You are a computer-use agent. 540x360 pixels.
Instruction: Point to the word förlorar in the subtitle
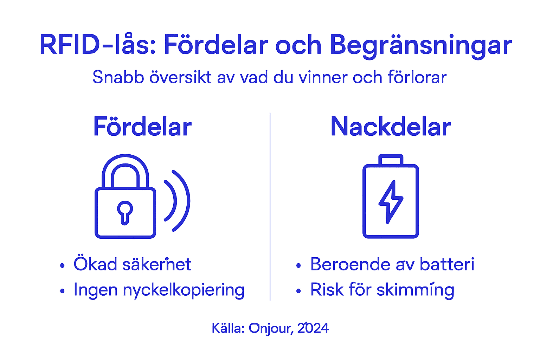(x=417, y=77)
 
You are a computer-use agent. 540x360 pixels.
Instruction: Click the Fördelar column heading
(x=142, y=127)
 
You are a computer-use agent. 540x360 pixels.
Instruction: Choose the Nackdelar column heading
(x=391, y=127)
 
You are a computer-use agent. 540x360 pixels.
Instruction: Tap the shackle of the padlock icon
(x=125, y=169)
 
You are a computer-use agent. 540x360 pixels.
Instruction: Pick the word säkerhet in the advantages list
(x=157, y=264)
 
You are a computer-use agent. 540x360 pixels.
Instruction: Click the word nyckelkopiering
(x=184, y=290)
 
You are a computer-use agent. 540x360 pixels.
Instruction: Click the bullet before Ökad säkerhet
(x=62, y=265)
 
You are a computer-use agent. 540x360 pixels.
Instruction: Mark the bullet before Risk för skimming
(x=298, y=291)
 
